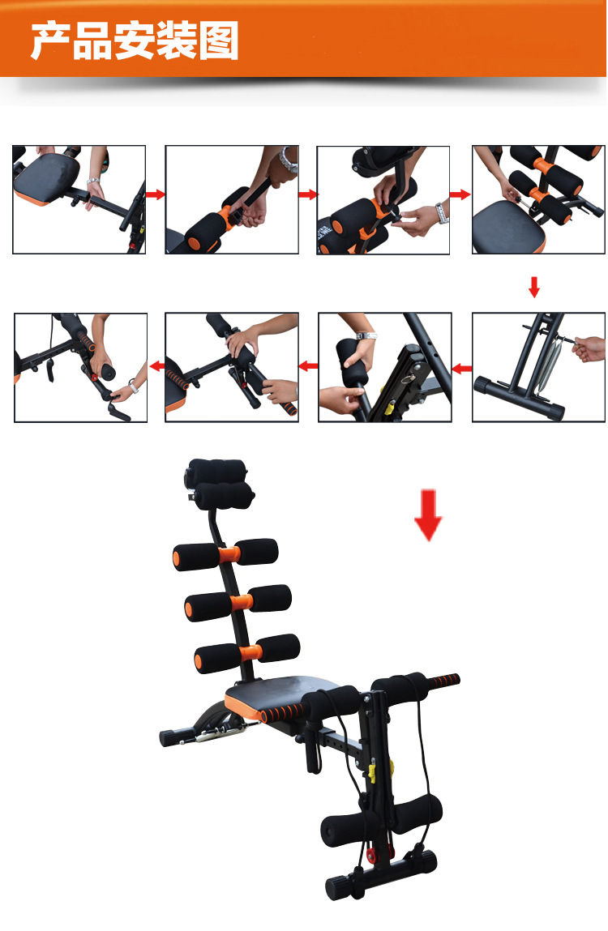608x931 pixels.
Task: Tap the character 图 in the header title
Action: (x=219, y=41)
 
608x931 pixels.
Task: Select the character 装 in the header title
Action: (x=177, y=41)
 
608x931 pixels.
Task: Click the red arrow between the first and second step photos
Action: (x=155, y=194)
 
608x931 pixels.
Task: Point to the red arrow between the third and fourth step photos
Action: (x=460, y=194)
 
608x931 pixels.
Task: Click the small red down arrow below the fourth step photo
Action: (x=533, y=287)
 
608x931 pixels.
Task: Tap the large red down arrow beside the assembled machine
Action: (x=429, y=515)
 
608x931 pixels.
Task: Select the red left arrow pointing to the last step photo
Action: (x=157, y=366)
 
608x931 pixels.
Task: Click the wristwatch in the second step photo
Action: (x=289, y=160)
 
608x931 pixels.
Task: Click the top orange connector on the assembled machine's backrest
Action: (x=228, y=555)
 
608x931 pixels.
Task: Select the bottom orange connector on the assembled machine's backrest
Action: (x=250, y=652)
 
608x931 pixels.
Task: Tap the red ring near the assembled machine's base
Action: (x=372, y=855)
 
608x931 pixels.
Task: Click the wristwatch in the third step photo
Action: (x=442, y=213)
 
